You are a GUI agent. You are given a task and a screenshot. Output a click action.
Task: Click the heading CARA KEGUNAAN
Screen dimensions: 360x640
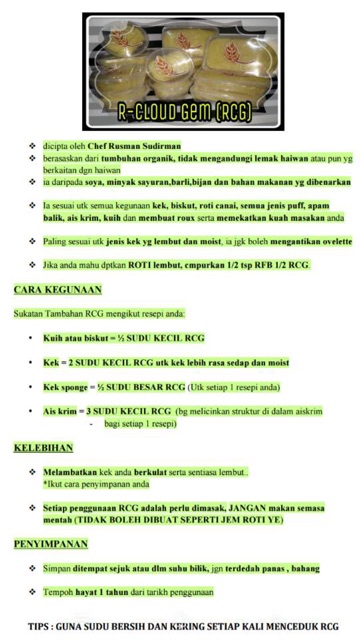click(57, 289)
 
